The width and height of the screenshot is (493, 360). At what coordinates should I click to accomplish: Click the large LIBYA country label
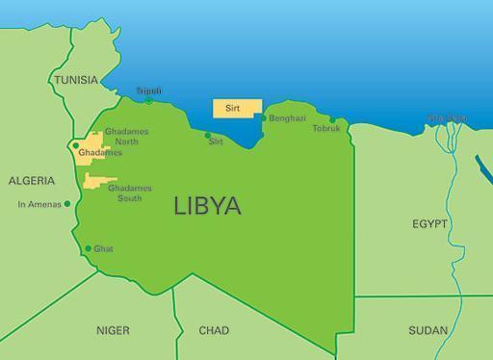point(207,205)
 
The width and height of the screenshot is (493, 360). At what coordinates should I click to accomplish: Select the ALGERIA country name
point(33,180)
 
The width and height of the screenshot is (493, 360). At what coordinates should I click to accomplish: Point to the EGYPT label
point(430,223)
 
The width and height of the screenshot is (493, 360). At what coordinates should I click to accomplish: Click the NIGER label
point(113,330)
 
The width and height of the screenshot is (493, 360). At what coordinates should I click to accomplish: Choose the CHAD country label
point(214,330)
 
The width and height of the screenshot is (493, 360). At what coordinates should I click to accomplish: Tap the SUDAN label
point(428,330)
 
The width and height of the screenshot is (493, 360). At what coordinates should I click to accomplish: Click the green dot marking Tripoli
point(149,100)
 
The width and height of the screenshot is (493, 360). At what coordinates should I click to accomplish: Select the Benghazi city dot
point(263,118)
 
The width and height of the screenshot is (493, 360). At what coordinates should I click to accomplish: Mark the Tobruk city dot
point(332,120)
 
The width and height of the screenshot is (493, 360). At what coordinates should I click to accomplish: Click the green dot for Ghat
point(88,248)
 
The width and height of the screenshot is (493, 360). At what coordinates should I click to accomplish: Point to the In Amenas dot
point(67,204)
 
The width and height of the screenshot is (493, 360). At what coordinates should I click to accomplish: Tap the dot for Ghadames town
point(74,147)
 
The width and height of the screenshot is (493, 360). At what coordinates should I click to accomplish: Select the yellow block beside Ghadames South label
point(97,181)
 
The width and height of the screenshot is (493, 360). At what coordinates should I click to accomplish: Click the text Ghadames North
point(127,136)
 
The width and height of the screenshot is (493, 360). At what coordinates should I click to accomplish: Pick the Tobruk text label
point(326,129)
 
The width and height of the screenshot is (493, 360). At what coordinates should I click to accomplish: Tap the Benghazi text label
point(287,118)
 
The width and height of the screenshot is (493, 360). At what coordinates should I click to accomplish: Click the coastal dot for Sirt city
point(208,136)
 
